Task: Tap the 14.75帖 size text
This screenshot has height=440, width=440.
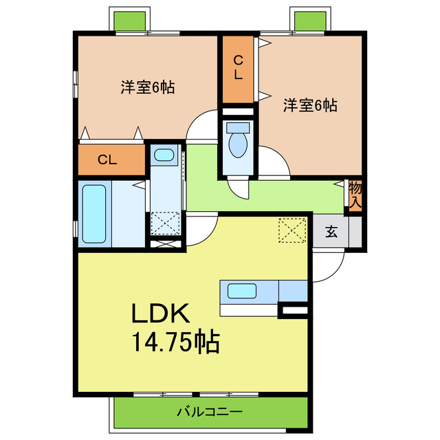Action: coord(175,341)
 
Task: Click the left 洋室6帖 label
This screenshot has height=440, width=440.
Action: coord(147,87)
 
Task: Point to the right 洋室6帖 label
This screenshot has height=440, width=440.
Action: coord(310,105)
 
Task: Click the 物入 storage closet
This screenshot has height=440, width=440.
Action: coord(355,195)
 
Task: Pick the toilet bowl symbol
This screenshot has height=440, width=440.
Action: coord(238,146)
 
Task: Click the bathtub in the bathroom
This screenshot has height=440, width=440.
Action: coord(94,214)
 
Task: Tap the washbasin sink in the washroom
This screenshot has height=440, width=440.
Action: coord(164,156)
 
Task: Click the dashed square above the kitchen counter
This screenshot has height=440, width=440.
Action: coord(292,229)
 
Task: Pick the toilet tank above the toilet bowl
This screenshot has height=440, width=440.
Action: coord(238,128)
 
